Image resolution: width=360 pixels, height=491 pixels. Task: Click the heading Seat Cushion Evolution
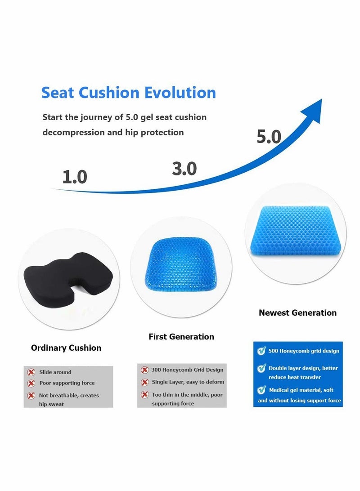tap(129, 93)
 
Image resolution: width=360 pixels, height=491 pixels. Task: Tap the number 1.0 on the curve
tap(75, 177)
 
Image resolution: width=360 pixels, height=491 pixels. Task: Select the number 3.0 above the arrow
tap(184, 169)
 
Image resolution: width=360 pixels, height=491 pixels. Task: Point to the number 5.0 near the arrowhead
tap(269, 136)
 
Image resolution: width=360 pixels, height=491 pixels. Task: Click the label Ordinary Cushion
tap(66, 348)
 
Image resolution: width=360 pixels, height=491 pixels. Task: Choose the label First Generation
tap(181, 336)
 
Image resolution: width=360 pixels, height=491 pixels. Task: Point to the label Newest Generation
tap(297, 312)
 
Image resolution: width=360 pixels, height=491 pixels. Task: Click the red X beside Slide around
tap(31, 372)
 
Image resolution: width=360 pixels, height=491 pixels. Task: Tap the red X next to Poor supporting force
tap(31, 384)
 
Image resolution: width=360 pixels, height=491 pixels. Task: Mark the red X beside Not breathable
tap(31, 396)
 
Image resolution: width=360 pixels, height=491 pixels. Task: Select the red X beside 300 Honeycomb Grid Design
tap(144, 370)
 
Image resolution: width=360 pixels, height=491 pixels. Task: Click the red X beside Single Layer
tap(144, 382)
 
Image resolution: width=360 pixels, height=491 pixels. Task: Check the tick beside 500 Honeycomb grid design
tap(261, 351)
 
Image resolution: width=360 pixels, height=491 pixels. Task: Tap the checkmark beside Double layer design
tap(261, 368)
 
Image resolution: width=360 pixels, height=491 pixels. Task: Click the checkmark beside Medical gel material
tap(261, 390)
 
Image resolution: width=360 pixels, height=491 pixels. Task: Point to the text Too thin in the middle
tap(187, 395)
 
